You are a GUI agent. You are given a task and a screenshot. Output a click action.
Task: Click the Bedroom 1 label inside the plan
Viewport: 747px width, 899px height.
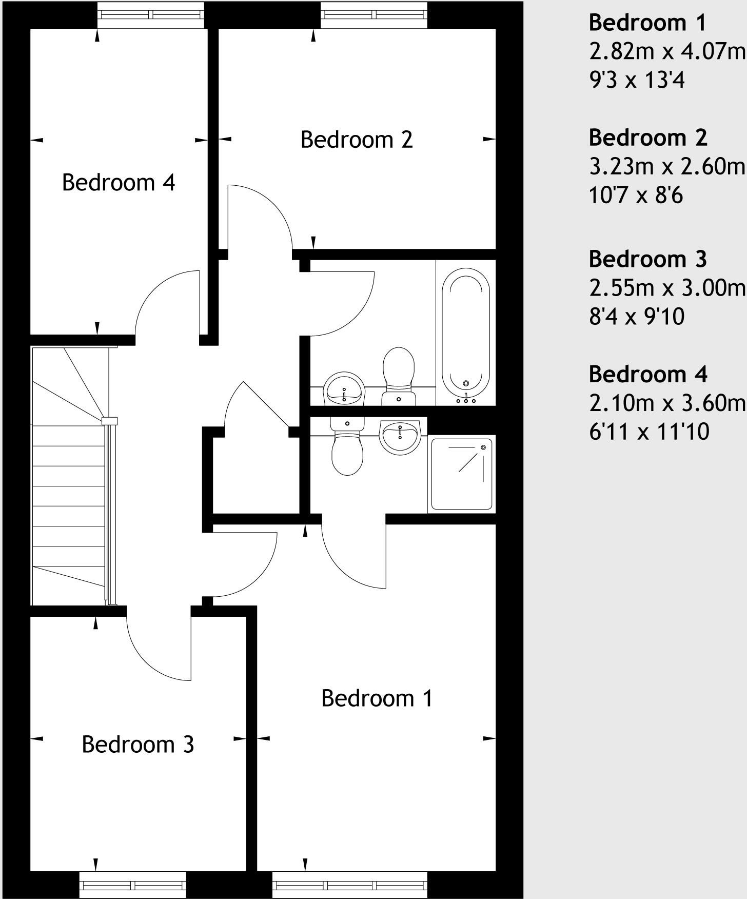click(x=377, y=698)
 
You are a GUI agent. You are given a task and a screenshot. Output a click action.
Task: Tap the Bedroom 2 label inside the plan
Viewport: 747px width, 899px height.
click(x=357, y=140)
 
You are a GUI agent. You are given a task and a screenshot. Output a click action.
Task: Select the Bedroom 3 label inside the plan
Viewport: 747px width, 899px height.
click(x=138, y=745)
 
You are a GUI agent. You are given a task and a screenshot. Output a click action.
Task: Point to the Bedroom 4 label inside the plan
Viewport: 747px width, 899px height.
click(x=119, y=183)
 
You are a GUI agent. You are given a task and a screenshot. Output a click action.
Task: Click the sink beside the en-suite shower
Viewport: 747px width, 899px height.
click(x=400, y=436)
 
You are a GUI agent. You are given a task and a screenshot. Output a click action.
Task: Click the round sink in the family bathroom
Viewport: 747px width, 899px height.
click(x=344, y=388)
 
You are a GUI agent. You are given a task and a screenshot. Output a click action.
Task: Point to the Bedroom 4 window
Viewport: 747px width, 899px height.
click(x=151, y=14)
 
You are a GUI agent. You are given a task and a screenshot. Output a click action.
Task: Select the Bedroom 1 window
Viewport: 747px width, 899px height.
click(x=349, y=885)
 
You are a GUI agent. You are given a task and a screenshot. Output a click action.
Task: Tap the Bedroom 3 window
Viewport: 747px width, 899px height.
click(x=133, y=885)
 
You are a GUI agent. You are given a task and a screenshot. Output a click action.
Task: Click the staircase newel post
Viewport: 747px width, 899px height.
click(x=109, y=421)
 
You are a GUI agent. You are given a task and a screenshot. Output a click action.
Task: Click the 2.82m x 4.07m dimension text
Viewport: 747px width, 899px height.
click(x=667, y=52)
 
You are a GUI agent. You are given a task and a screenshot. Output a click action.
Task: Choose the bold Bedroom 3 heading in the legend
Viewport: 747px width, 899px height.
click(x=647, y=259)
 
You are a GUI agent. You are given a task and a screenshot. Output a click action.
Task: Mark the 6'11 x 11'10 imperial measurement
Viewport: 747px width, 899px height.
click(x=649, y=432)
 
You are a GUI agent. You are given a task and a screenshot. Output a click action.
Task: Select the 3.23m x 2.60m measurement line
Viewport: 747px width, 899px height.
click(x=667, y=167)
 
